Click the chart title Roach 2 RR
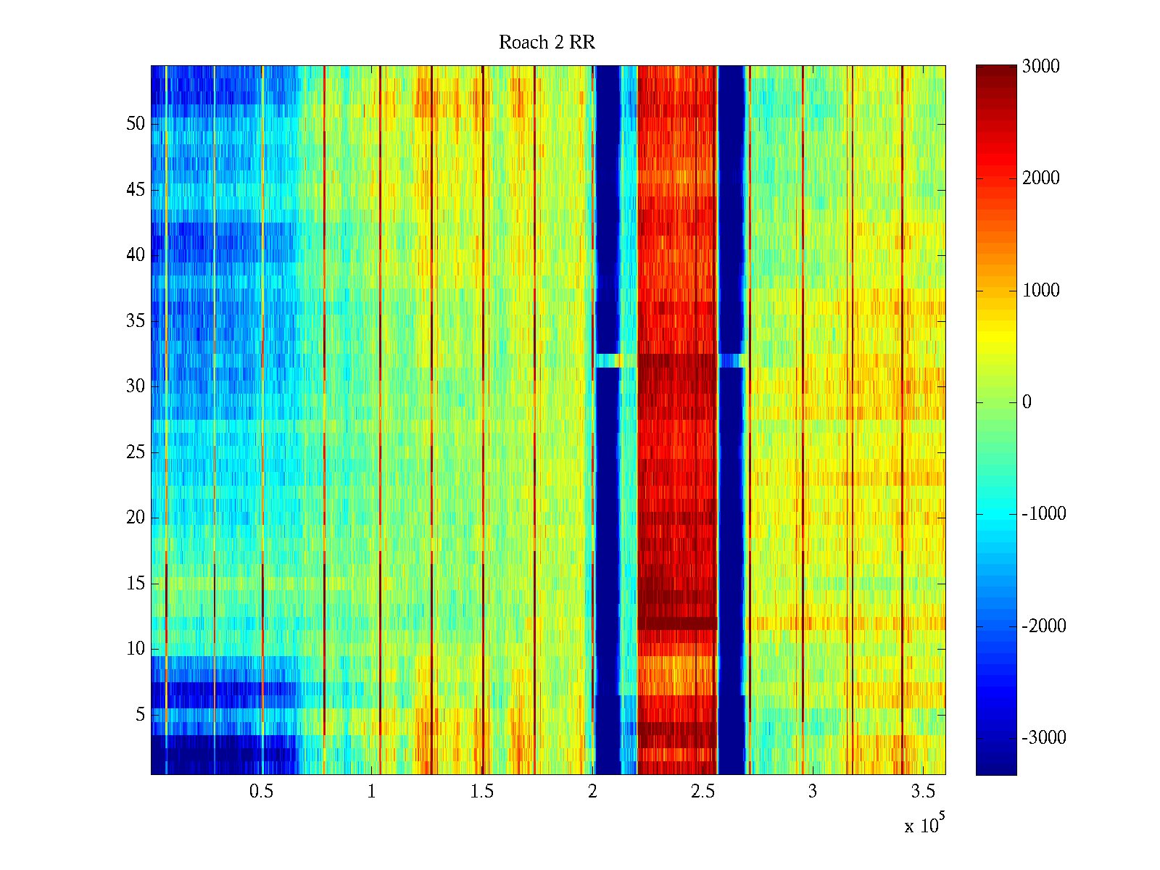point(547,43)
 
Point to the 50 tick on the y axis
point(136,124)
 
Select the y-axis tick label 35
point(136,321)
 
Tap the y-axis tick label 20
point(136,518)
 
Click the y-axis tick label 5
point(140,715)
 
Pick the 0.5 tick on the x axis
point(261,792)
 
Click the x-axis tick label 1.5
point(481,792)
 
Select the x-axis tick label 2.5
point(703,792)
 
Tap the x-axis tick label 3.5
point(923,792)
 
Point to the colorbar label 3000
point(1041,67)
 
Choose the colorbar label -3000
point(1043,738)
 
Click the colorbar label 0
point(1027,402)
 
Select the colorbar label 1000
point(1041,291)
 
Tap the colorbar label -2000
point(1043,626)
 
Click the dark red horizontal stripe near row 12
point(677,623)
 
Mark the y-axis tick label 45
point(136,190)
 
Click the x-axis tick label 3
point(813,792)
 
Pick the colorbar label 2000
point(1041,178)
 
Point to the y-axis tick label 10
point(136,649)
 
